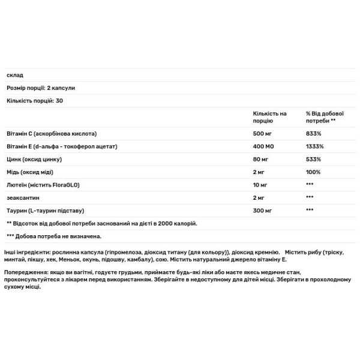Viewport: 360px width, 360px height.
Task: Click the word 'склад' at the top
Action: [14, 75]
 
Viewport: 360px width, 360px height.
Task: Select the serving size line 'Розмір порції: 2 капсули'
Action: [41, 88]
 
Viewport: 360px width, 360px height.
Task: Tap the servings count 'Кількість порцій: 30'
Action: [35, 100]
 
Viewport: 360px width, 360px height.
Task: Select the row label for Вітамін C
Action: [51, 133]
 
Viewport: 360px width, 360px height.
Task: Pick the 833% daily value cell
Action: [313, 133]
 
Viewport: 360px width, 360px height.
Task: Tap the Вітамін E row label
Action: [61, 146]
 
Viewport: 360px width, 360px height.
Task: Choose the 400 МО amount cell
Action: [264, 146]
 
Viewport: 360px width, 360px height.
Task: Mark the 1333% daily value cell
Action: [315, 146]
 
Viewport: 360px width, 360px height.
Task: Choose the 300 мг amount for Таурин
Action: [263, 210]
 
